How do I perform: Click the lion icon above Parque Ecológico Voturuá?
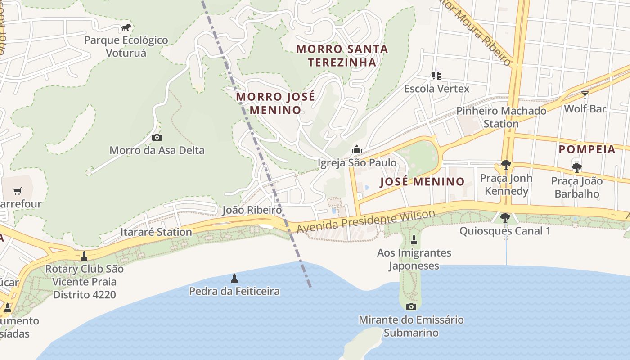(x=126, y=27)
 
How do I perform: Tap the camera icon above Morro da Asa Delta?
(x=157, y=138)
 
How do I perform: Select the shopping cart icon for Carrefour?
(x=18, y=191)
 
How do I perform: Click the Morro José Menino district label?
(x=275, y=103)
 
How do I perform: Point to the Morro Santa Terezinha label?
(x=342, y=55)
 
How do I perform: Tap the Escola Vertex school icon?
(x=436, y=75)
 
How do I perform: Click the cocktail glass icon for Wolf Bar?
(x=585, y=95)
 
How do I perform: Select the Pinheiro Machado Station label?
(x=501, y=117)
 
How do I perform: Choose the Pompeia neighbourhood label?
(x=587, y=149)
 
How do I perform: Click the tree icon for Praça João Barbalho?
(x=576, y=168)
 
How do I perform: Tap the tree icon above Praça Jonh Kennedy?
(x=506, y=165)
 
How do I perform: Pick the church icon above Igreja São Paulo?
(x=357, y=149)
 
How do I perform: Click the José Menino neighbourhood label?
(x=422, y=182)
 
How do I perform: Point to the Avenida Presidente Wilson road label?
(x=366, y=221)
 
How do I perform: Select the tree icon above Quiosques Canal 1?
(x=505, y=218)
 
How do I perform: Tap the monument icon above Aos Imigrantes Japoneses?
(x=414, y=240)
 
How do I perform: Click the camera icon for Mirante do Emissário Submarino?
(x=411, y=307)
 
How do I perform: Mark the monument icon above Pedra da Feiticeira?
(x=234, y=279)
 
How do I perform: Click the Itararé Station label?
(x=156, y=232)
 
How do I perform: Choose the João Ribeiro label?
(x=252, y=210)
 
